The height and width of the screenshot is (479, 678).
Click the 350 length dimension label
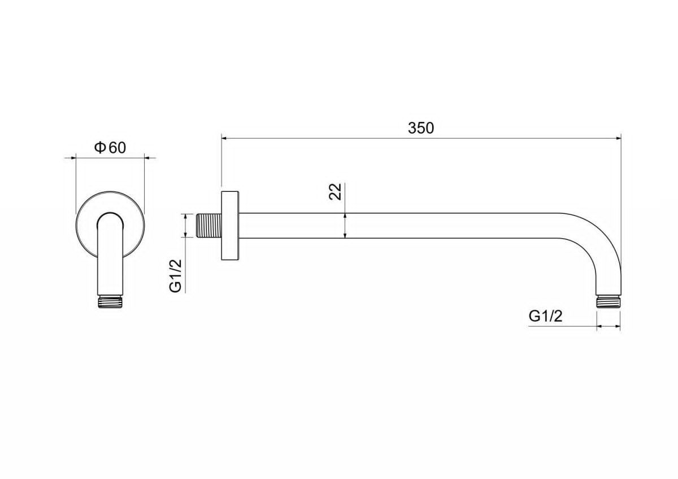(421, 128)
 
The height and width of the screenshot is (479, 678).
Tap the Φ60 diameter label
(110, 148)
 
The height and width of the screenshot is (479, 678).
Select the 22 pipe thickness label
(335, 192)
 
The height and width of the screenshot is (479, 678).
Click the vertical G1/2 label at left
(176, 276)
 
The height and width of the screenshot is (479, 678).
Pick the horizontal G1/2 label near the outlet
(545, 317)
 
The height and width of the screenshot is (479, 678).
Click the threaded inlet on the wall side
(209, 226)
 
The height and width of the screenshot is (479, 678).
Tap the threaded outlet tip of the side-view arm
(609, 302)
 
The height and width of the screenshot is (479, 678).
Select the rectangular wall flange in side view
(230, 226)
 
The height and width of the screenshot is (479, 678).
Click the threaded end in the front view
(110, 302)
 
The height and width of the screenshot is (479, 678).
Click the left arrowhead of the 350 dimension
(225, 138)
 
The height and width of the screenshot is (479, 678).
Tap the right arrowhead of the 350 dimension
(618, 138)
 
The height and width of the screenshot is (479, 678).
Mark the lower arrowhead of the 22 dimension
(345, 235)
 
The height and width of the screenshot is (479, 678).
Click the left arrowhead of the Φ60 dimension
(72, 157)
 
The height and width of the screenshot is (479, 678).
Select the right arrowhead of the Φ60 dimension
(148, 157)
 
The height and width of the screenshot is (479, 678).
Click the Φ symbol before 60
(100, 147)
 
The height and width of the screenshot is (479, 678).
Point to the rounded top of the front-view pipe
(110, 218)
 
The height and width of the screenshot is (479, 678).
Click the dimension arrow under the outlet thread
(609, 326)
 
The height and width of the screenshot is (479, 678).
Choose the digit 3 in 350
(412, 128)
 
